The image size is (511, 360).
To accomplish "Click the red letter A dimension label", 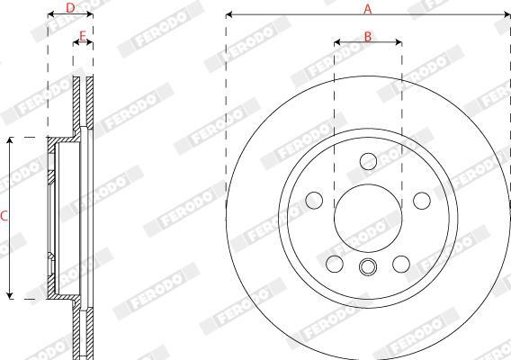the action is pyautogui.click(x=368, y=9).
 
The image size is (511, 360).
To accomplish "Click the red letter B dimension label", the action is pyautogui.click(x=368, y=37).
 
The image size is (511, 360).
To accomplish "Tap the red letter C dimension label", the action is pyautogui.click(x=4, y=216).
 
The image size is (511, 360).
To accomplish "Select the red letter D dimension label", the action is pyautogui.click(x=70, y=8).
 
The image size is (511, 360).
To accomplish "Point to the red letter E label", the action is pyautogui.click(x=83, y=35).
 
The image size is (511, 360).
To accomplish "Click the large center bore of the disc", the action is pyautogui.click(x=368, y=218).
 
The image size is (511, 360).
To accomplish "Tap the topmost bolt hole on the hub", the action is pyautogui.click(x=368, y=161).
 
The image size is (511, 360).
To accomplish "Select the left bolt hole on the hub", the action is pyautogui.click(x=314, y=200).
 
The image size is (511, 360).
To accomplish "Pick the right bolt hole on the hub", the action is pyautogui.click(x=422, y=201).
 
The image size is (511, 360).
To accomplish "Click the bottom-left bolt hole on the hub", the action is pyautogui.click(x=335, y=264).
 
